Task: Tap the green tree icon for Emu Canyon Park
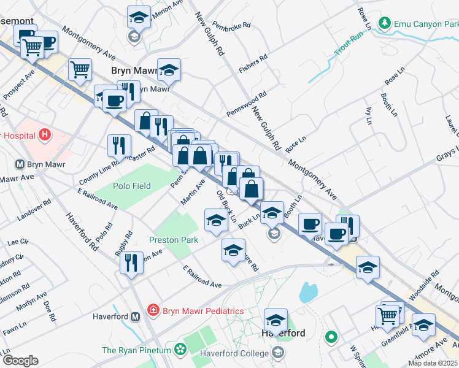point(385,24)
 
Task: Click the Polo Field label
point(131,186)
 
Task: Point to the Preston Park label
point(174,240)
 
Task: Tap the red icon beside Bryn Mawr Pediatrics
point(153,311)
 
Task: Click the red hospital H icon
point(44,134)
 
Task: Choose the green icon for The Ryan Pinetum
point(180,350)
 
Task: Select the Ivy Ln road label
point(369,115)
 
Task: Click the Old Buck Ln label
point(226,205)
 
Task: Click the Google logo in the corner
point(20,361)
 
